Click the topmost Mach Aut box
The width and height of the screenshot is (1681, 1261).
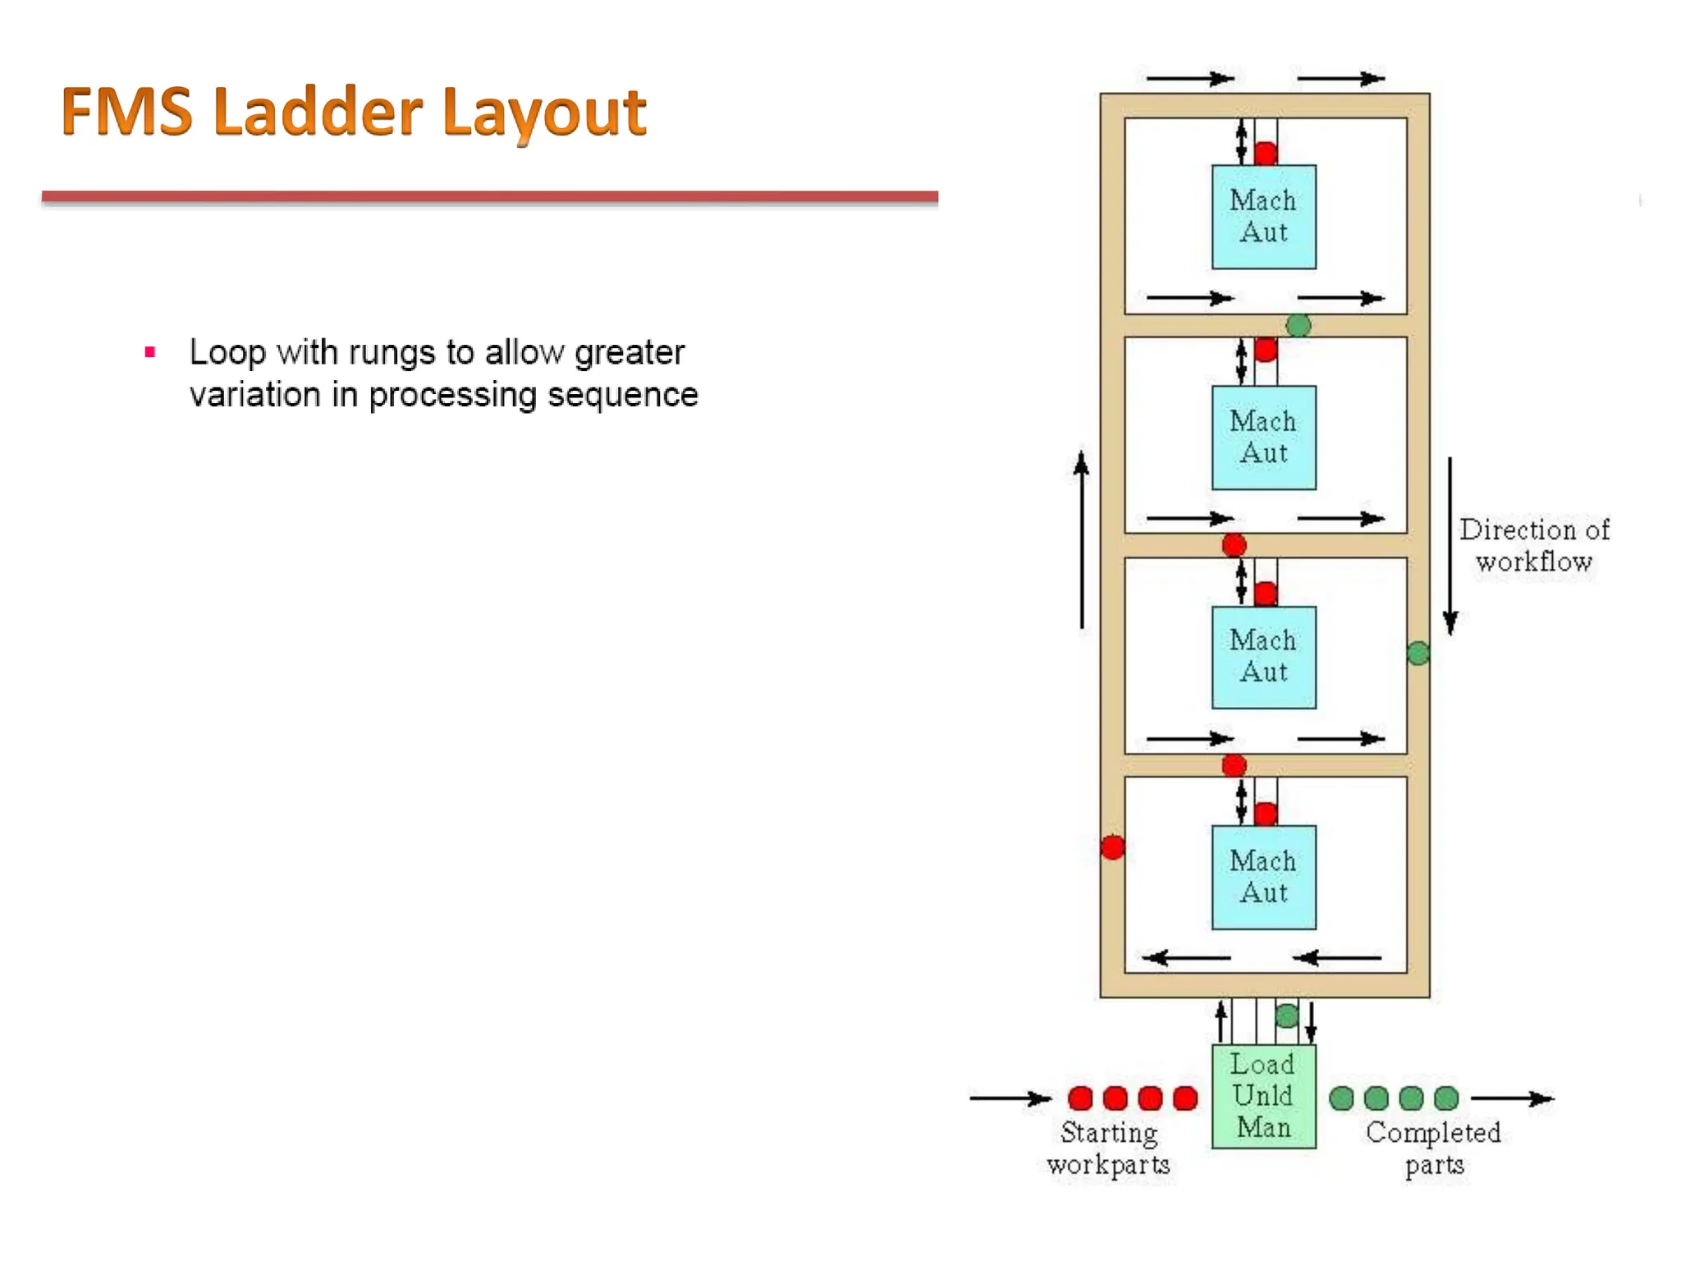click(x=1263, y=217)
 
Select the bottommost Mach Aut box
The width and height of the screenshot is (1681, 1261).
click(x=1263, y=877)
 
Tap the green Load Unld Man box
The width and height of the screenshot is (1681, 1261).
click(x=1263, y=1096)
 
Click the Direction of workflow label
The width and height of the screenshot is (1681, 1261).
click(x=1533, y=545)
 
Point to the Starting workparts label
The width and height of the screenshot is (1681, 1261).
click(x=1108, y=1149)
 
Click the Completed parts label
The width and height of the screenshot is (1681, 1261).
click(x=1433, y=1149)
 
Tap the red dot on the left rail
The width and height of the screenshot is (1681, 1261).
click(x=1113, y=847)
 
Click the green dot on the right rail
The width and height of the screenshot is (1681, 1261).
click(x=1418, y=653)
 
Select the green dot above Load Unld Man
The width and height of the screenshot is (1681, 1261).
click(x=1287, y=1016)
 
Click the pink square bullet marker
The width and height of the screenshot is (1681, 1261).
click(x=149, y=353)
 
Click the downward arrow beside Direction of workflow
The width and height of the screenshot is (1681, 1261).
click(x=1450, y=546)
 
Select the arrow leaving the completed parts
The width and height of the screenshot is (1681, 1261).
click(x=1512, y=1098)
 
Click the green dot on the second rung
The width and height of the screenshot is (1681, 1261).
click(x=1299, y=326)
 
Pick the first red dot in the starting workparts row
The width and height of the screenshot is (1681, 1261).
click(x=1081, y=1098)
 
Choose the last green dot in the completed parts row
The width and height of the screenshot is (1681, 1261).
click(x=1446, y=1098)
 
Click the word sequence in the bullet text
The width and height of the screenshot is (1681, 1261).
click(x=622, y=396)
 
